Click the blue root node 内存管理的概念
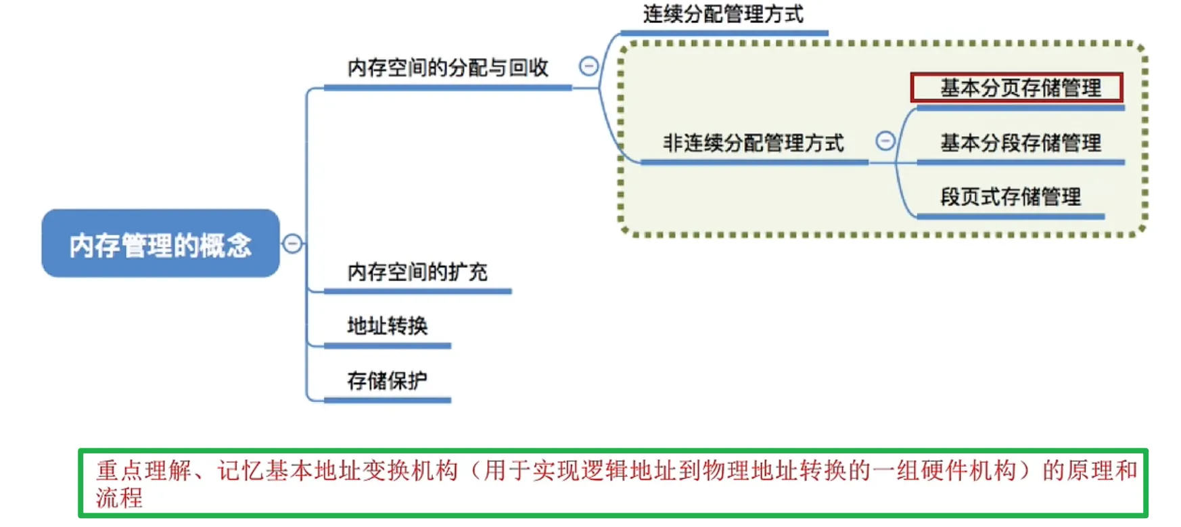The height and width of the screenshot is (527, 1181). point(160,244)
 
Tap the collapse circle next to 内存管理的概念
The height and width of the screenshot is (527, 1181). point(292,244)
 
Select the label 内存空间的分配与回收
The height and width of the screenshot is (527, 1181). point(448,68)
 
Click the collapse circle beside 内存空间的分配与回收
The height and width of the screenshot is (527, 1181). point(588,66)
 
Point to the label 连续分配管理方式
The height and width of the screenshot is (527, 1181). point(723,14)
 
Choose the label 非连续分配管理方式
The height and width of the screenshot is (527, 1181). point(753,143)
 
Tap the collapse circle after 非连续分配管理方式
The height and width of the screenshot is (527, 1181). point(885,141)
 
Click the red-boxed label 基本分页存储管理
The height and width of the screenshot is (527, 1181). point(1020,88)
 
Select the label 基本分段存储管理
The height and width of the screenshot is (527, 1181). point(1020,143)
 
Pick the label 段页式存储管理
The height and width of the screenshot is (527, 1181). point(1010,197)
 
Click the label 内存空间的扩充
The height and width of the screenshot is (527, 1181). point(417,272)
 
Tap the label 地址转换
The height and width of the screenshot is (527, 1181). point(387,326)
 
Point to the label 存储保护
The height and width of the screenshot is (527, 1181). point(387,381)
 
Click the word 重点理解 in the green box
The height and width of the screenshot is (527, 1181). point(144,470)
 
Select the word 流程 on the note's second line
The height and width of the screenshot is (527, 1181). point(120,499)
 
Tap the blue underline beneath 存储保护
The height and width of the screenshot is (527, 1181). point(387,400)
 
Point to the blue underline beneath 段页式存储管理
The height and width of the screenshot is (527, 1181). point(1010,216)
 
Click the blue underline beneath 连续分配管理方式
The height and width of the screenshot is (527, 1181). point(723,32)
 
